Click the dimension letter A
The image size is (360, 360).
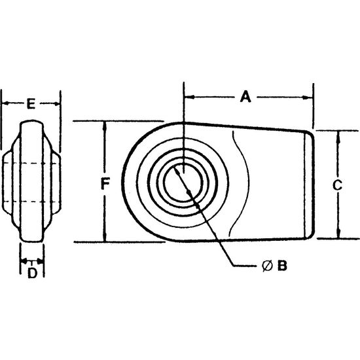tap(245, 96)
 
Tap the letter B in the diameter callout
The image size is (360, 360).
tap(282, 266)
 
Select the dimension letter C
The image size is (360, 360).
tap(337, 185)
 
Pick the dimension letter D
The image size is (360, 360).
tap(32, 273)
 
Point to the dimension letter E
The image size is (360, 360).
tap(31, 103)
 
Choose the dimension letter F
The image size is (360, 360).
tap(105, 184)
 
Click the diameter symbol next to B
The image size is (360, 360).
tap(267, 266)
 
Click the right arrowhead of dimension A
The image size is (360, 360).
tap(308, 98)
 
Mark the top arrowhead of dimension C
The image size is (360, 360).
tap(338, 136)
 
